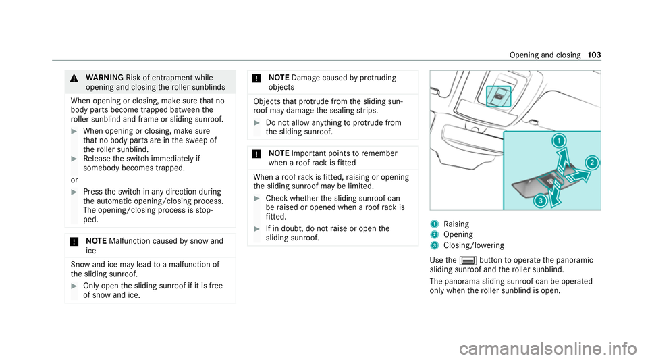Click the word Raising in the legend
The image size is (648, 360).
click(x=458, y=223)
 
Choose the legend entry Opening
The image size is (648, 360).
click(x=459, y=234)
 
